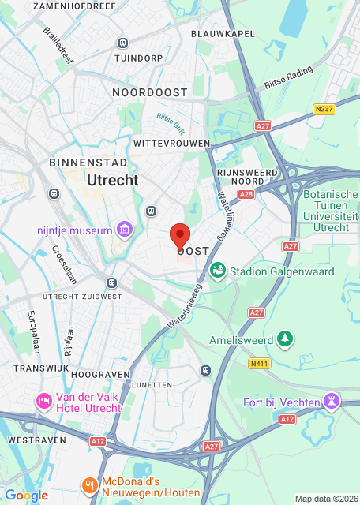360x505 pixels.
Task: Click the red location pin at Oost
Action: click(x=180, y=235)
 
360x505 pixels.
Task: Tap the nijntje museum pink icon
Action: click(x=124, y=230)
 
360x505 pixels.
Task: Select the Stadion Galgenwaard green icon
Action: click(x=217, y=271)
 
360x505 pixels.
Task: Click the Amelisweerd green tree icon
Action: click(x=284, y=340)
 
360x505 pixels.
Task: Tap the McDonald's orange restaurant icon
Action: click(x=91, y=484)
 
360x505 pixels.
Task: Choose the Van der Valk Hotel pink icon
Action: click(x=44, y=402)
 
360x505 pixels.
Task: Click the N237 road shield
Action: click(x=322, y=109)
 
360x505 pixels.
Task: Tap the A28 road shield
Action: click(x=246, y=193)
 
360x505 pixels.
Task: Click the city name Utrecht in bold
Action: click(x=112, y=180)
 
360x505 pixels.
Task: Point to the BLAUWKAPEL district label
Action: click(x=222, y=34)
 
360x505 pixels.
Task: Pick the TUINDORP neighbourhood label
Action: click(x=138, y=58)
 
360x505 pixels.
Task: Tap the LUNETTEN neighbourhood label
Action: click(x=153, y=384)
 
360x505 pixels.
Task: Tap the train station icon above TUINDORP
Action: click(x=122, y=43)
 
